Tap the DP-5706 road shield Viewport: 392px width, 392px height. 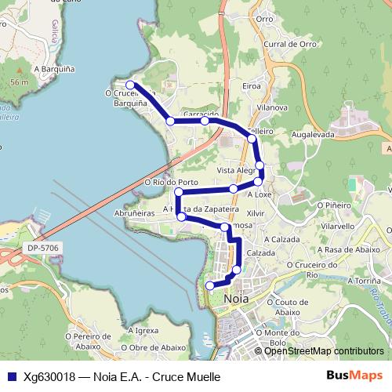click(42, 248)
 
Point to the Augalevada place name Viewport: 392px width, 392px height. click(313, 135)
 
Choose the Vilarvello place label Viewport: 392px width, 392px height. click(339, 225)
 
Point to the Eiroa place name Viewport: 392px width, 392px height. click(252, 85)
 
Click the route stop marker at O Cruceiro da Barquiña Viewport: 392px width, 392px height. click(131, 85)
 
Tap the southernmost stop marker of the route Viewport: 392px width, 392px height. click(209, 286)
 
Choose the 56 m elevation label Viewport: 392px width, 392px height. click(20, 82)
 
